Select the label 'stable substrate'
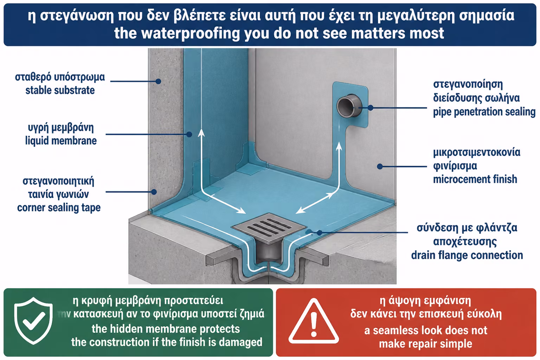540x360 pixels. (60, 90)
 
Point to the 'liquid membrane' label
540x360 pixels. (61, 141)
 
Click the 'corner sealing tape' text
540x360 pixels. (59, 208)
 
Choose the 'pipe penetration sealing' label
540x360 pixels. (484, 112)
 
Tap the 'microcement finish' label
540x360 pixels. (475, 179)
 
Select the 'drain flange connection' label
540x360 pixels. (467, 255)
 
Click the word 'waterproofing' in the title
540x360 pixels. (191, 33)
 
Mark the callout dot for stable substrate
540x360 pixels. (158, 81)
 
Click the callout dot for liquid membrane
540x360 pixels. (189, 134)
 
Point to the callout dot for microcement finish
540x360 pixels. (380, 166)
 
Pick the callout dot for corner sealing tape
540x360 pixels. (154, 192)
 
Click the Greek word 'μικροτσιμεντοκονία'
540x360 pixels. (477, 152)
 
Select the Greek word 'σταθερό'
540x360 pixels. (33, 77)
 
